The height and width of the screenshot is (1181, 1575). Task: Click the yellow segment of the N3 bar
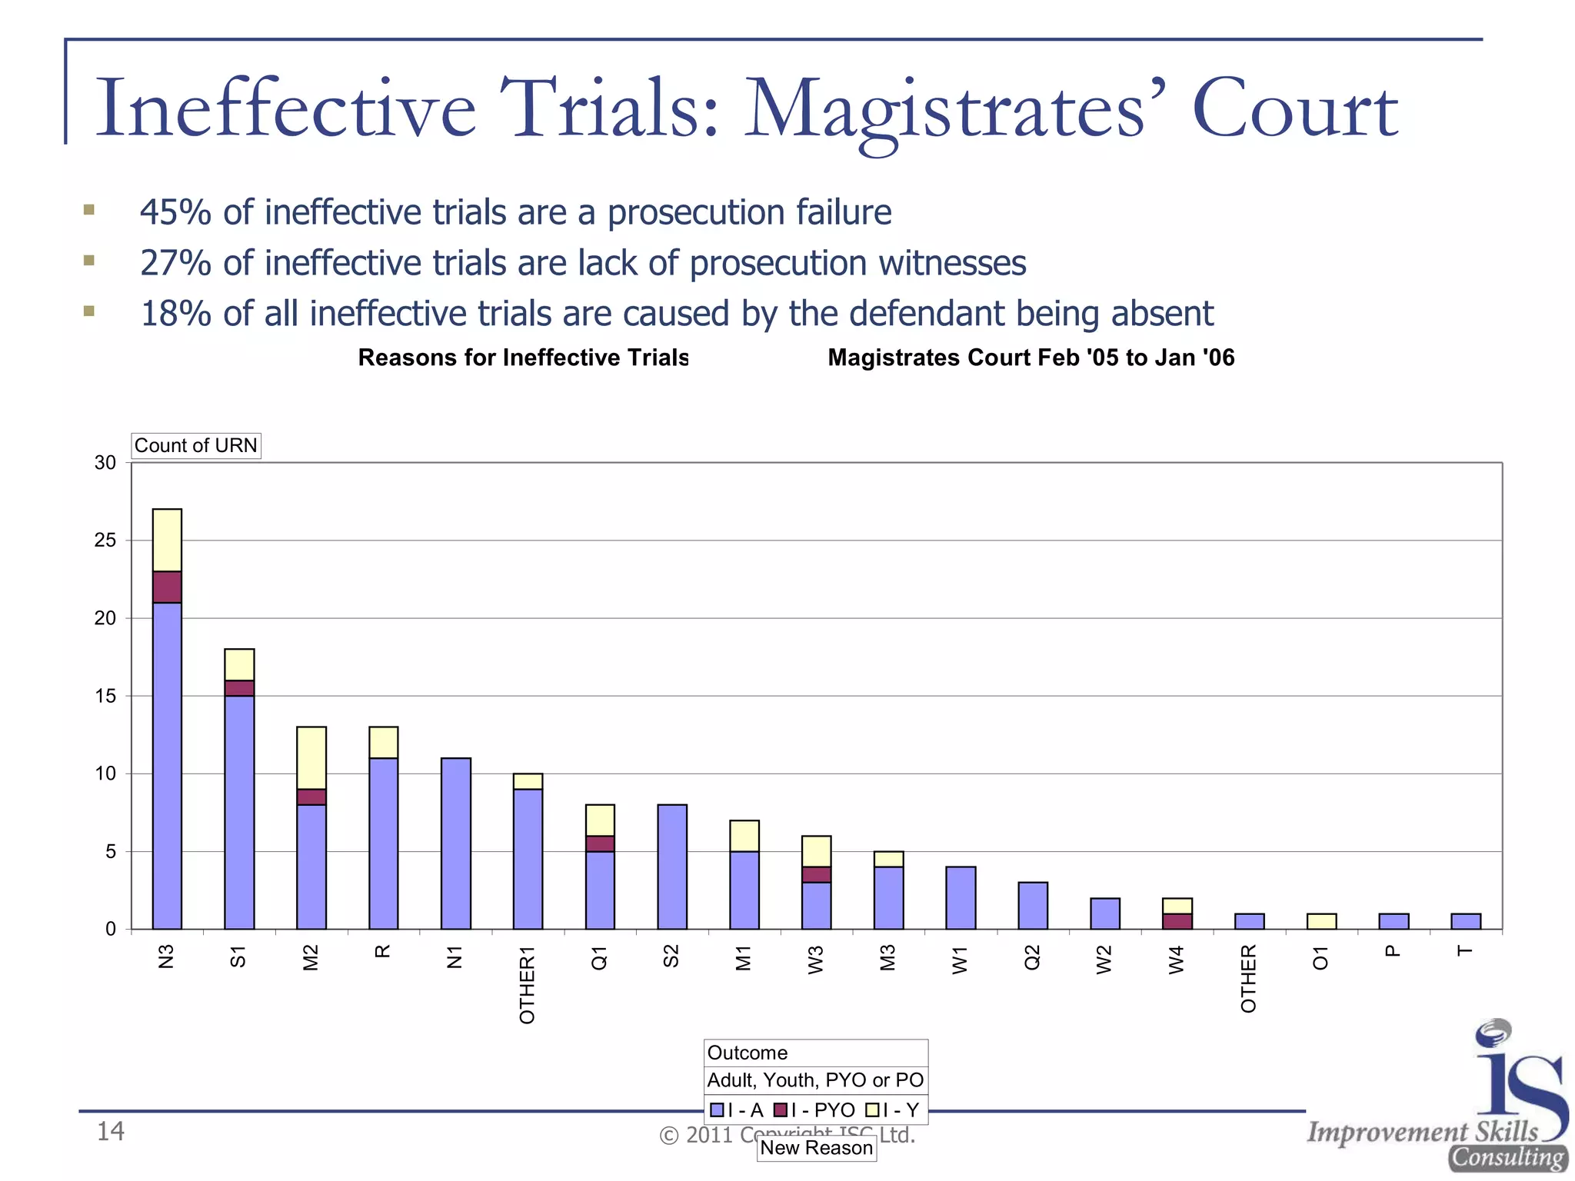click(167, 540)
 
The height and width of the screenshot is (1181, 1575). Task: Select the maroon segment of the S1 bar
click(239, 688)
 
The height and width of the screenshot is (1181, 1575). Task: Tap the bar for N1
click(456, 843)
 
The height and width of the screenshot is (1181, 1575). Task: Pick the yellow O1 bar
click(1321, 921)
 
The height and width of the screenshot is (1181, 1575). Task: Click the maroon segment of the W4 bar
click(1177, 921)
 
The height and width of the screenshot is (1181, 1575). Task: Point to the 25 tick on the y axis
click(105, 541)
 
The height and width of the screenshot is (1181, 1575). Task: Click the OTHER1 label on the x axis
click(528, 985)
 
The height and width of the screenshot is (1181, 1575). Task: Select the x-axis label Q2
click(1033, 958)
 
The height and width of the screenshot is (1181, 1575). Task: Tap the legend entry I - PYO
click(814, 1110)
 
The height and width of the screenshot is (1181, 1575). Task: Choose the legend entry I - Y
click(893, 1110)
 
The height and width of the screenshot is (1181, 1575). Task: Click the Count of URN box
click(196, 446)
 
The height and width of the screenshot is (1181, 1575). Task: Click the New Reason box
click(817, 1148)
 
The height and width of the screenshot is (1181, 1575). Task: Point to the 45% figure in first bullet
click(175, 212)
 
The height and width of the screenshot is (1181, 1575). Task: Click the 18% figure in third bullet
click(175, 314)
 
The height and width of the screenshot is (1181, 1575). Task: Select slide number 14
click(110, 1131)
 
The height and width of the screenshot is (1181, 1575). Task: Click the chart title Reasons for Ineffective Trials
click(523, 358)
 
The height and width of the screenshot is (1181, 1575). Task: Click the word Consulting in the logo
click(1508, 1157)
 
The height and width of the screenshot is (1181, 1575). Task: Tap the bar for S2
click(672, 867)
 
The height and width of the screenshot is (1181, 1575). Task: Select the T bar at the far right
click(1465, 921)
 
